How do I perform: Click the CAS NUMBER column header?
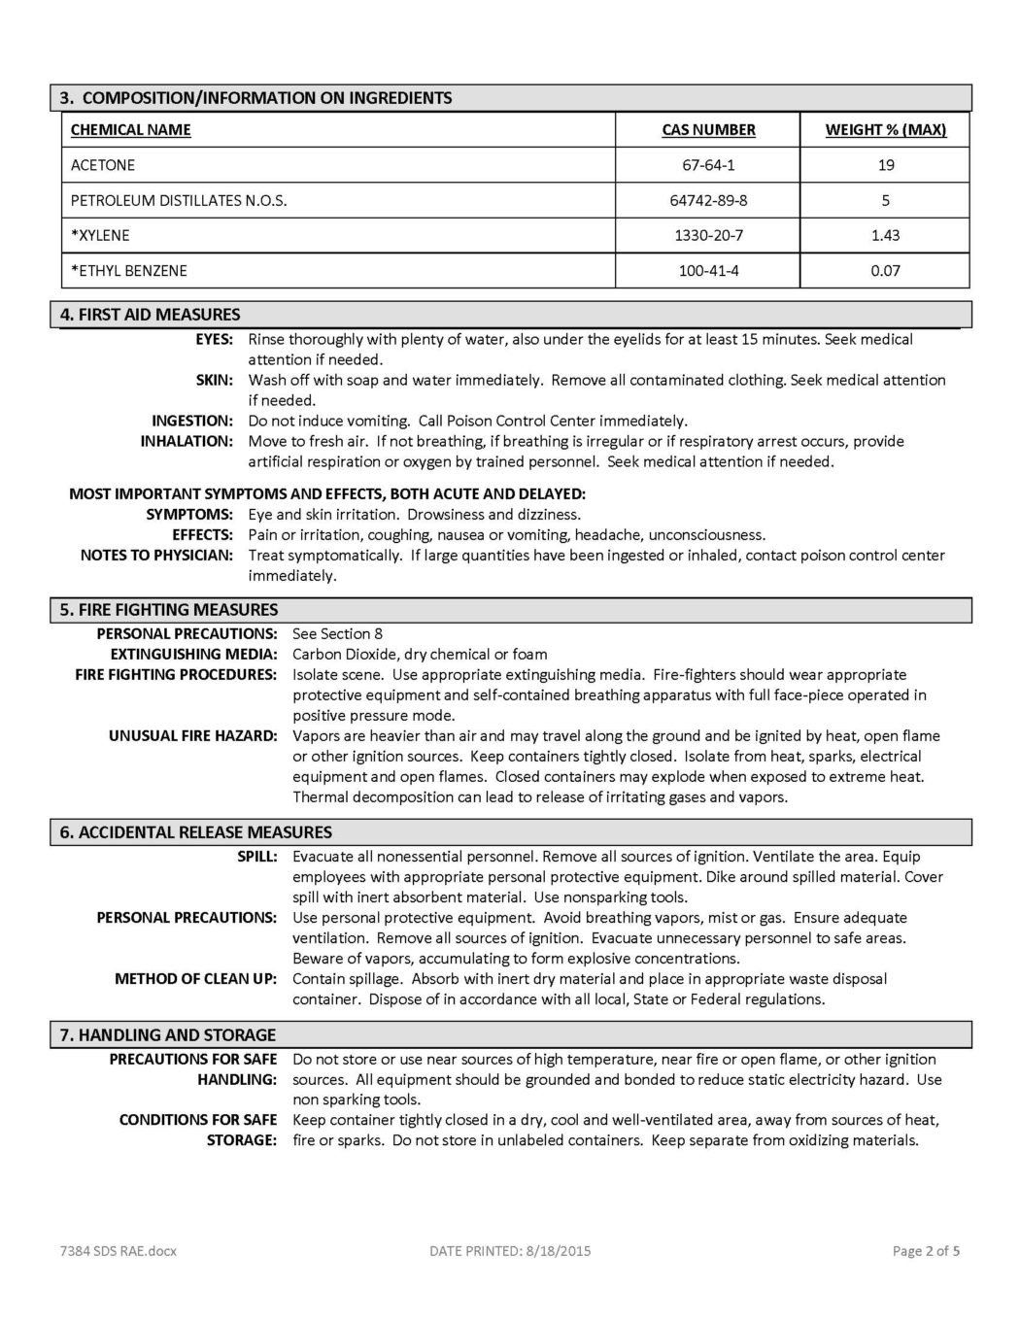point(708,130)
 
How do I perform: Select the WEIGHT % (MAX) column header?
point(885,130)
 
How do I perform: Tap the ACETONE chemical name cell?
point(103,165)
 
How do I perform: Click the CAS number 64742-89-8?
point(708,201)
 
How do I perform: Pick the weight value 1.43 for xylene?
point(885,236)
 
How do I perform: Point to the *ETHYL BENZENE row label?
point(128,271)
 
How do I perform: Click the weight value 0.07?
point(885,271)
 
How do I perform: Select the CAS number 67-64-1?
point(708,165)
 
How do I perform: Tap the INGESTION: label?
point(191,421)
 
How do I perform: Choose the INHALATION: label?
point(187,441)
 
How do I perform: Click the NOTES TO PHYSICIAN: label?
point(156,556)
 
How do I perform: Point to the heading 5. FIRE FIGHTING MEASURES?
point(169,610)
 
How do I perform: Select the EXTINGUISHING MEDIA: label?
point(193,655)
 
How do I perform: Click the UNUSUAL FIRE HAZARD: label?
point(192,736)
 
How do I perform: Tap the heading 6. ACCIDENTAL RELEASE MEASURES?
point(195,832)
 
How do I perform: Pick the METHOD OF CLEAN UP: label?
point(195,979)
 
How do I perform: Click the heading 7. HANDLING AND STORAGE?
point(167,1035)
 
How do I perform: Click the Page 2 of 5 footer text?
point(926,1251)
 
